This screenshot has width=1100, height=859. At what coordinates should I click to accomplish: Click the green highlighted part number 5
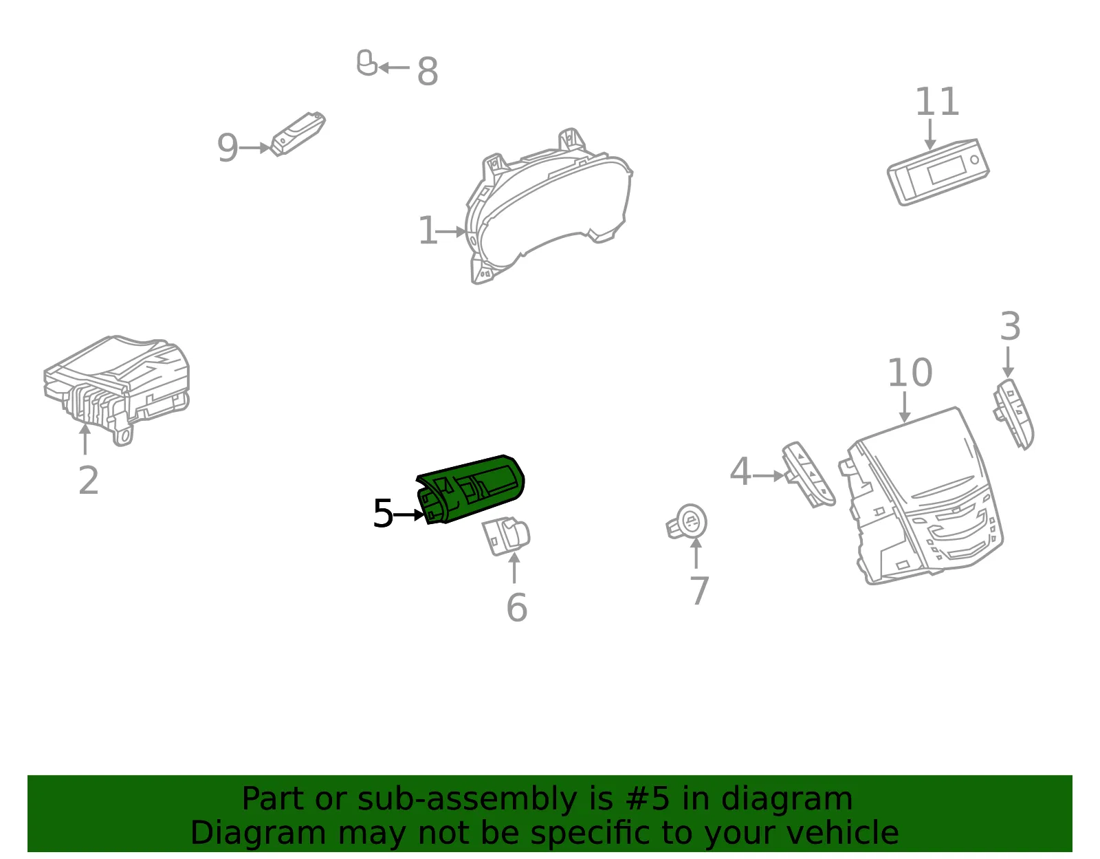pyautogui.click(x=471, y=488)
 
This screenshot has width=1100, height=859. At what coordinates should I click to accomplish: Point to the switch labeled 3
pyautogui.click(x=1013, y=413)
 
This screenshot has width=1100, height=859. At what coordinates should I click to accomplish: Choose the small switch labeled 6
pyautogui.click(x=506, y=536)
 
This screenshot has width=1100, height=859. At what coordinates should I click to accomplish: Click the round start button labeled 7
pyautogui.click(x=687, y=521)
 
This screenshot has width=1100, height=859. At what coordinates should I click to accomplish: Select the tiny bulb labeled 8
pyautogui.click(x=366, y=63)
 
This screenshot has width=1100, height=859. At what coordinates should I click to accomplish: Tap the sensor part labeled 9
pyautogui.click(x=298, y=133)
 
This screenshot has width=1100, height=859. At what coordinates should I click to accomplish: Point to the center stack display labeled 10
pyautogui.click(x=921, y=496)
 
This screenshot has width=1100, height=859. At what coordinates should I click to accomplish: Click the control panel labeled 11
pyautogui.click(x=938, y=172)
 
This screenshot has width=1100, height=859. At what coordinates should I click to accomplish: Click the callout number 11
pyautogui.click(x=937, y=102)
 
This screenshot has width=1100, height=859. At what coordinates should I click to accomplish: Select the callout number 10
pyautogui.click(x=910, y=373)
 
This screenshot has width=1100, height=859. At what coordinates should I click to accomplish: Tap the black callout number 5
pyautogui.click(x=383, y=513)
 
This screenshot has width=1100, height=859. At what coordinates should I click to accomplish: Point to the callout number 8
pyautogui.click(x=427, y=72)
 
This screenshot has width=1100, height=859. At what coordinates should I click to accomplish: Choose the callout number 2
pyautogui.click(x=89, y=480)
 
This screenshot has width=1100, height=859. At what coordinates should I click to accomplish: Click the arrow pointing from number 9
pyautogui.click(x=254, y=148)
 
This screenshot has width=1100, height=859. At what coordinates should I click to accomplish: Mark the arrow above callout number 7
pyautogui.click(x=696, y=553)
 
